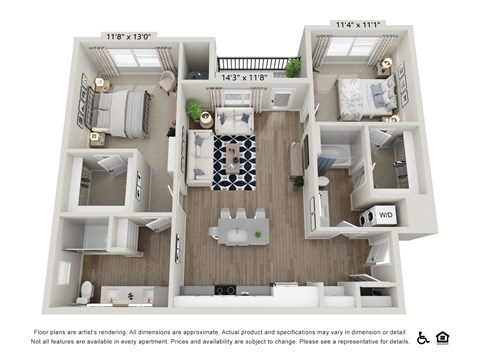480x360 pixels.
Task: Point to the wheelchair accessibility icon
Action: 423,337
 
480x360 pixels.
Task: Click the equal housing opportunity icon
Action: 443,337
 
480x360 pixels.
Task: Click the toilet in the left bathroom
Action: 86,291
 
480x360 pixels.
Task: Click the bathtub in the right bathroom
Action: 333,157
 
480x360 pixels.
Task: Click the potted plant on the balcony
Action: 292,68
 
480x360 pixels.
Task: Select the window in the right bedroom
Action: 350,46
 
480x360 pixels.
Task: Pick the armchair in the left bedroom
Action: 167,81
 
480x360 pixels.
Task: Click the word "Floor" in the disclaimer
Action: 44,331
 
